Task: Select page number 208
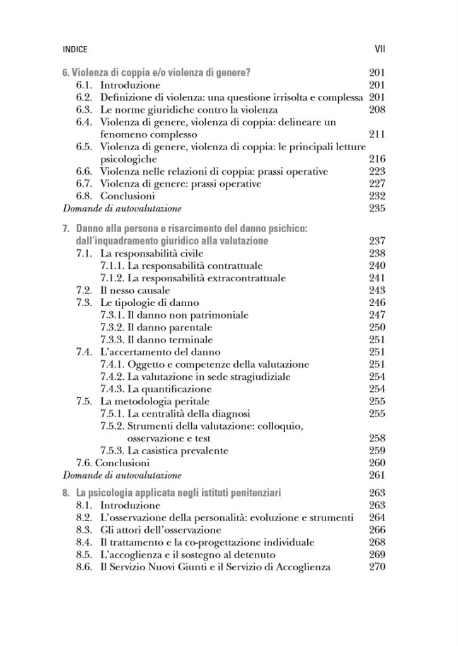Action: click(x=376, y=110)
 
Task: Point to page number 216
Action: click(x=376, y=159)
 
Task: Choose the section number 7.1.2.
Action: click(x=113, y=278)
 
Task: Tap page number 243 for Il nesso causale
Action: click(x=376, y=290)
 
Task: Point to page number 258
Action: click(x=376, y=438)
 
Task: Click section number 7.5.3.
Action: click(x=113, y=451)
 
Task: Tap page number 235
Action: click(x=376, y=208)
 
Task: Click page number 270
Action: click(x=376, y=567)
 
